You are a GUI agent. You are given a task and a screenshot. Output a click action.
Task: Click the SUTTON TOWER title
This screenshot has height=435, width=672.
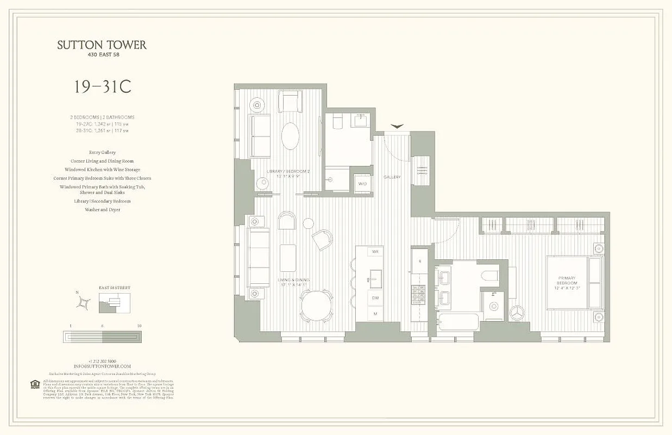coord(102,45)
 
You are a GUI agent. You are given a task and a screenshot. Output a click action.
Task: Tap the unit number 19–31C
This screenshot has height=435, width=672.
coord(103,87)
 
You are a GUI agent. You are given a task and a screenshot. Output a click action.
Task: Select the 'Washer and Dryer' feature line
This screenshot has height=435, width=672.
coord(102,209)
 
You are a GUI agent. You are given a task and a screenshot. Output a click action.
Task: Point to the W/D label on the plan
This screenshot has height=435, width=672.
coord(362,184)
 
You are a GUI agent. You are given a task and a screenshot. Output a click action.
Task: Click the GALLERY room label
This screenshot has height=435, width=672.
coord(392,177)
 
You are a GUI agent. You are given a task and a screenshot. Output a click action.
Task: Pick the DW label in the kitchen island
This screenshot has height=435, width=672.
coord(374,297)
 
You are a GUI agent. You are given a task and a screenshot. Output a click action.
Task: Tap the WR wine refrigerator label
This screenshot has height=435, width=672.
coord(374,252)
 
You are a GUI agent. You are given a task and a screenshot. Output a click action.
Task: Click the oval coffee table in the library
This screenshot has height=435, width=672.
coord(290,136)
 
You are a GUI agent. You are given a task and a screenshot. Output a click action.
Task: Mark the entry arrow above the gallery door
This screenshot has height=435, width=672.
coord(397,126)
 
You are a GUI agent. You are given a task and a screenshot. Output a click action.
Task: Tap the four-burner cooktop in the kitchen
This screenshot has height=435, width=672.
coord(418,294)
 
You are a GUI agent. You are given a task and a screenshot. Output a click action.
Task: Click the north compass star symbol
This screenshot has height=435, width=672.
coord(84,302)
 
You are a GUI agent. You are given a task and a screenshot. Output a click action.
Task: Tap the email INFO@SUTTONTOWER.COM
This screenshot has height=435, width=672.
coord(102,366)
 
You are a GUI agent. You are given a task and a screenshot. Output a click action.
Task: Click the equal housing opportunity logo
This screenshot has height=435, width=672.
coord(35,385)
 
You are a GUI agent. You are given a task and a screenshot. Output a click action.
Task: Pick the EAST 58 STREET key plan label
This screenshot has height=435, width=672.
coord(114,288)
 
